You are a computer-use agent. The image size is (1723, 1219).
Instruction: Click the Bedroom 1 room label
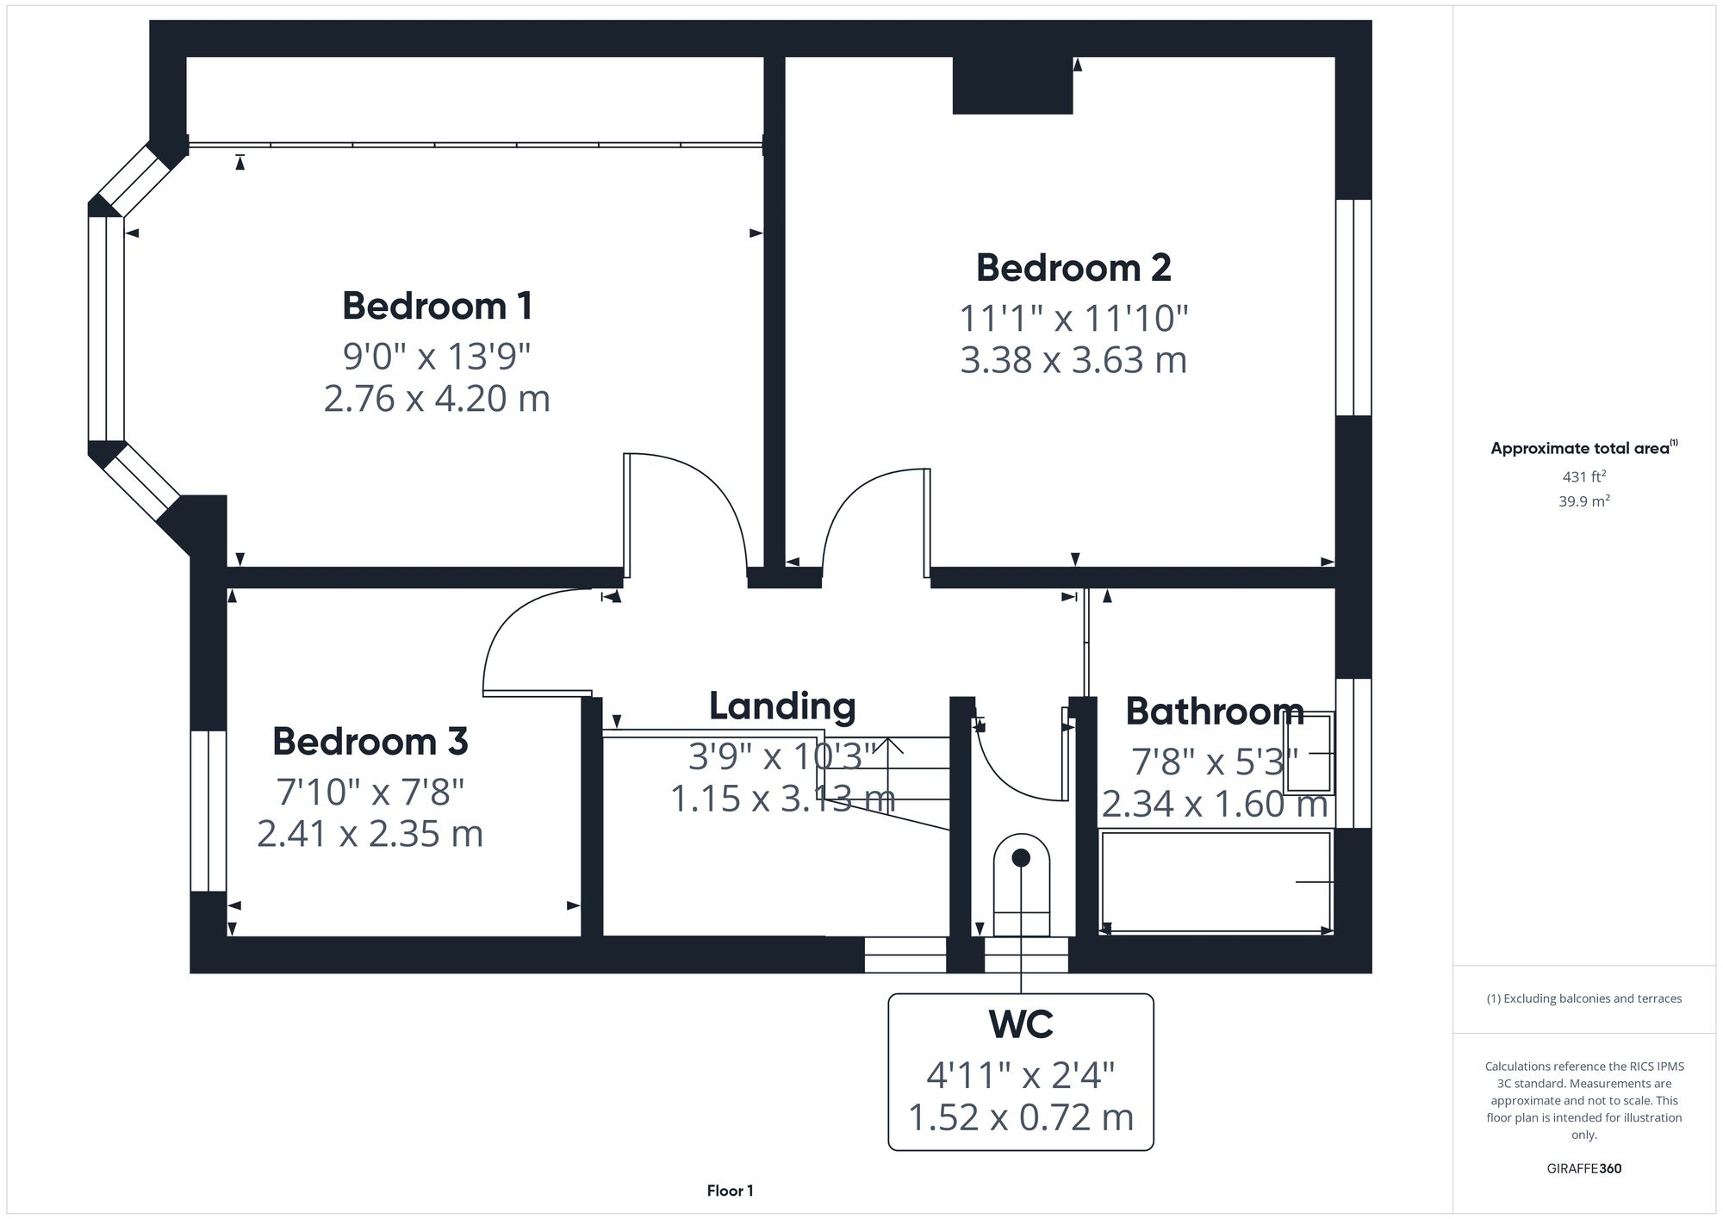437,306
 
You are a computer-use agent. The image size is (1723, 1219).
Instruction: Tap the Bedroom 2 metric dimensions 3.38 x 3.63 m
1073,359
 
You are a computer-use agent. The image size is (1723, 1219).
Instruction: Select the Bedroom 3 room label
370,741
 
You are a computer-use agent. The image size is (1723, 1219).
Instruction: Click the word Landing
782,706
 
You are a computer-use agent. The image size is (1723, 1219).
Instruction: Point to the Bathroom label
1214,712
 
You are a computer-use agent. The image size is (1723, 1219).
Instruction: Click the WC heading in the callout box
1021,1024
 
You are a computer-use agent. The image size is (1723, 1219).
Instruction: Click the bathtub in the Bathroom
1216,881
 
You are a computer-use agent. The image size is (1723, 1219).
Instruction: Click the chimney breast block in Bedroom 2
1012,85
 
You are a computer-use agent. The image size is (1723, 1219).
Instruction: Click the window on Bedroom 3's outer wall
208,811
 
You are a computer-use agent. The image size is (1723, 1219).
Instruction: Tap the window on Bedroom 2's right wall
1353,308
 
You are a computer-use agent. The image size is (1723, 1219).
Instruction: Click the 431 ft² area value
1583,476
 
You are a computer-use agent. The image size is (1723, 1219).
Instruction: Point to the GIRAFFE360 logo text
1583,1169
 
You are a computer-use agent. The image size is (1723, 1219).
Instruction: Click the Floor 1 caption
730,1191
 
